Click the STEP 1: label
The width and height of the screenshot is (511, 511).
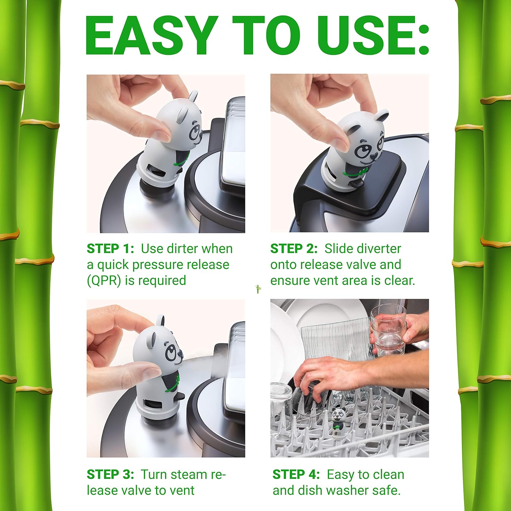point(111,249)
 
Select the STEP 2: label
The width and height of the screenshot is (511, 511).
point(294,249)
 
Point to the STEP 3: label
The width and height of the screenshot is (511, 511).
point(111,474)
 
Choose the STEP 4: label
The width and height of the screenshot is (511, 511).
point(296,474)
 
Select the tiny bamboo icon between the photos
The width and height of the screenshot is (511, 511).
point(258,289)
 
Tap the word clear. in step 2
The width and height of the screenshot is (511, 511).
point(400,281)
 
